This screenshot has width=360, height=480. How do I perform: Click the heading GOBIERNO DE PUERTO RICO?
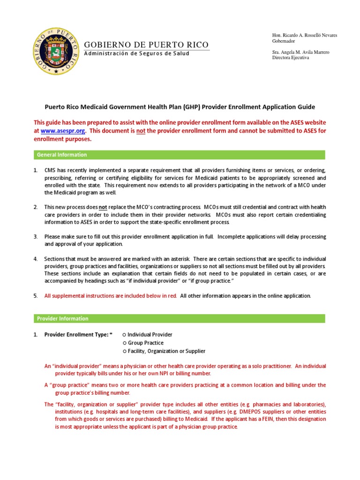[146, 45]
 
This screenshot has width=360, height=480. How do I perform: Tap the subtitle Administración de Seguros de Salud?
[136, 53]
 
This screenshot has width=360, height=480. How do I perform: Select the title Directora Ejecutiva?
[291, 58]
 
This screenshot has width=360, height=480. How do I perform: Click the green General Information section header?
[179, 155]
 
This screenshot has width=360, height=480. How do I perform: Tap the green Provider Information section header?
[179, 319]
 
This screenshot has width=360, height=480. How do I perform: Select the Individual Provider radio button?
[124, 335]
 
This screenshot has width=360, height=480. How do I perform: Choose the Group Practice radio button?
[124, 343]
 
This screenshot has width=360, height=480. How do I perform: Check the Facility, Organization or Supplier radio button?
[124, 351]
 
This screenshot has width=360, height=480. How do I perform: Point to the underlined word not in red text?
[141, 131]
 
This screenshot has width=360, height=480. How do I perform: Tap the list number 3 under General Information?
[36, 236]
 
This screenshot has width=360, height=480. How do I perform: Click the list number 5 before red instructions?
[36, 296]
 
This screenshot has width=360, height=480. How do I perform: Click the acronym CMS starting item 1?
[50, 170]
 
